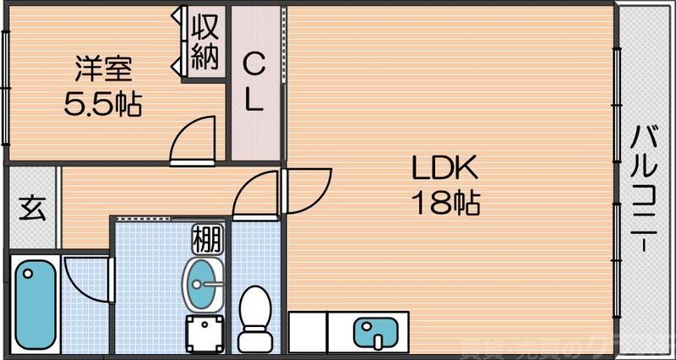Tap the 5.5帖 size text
[x=103, y=104]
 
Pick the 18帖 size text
[x=445, y=203]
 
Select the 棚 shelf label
[x=206, y=239]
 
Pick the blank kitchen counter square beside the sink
[x=308, y=331]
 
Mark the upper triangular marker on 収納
[x=177, y=16]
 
